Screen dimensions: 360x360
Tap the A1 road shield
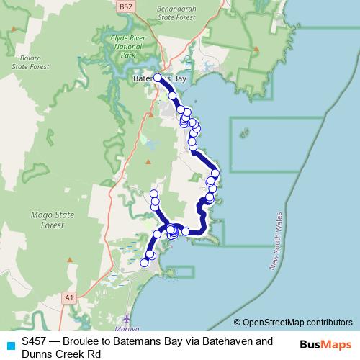tap(69, 296)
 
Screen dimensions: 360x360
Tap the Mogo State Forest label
tap(37, 219)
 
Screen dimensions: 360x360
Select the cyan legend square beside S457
tap(9, 344)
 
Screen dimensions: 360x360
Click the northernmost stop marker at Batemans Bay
tap(158, 77)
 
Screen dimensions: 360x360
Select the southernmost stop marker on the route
tap(144, 263)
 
